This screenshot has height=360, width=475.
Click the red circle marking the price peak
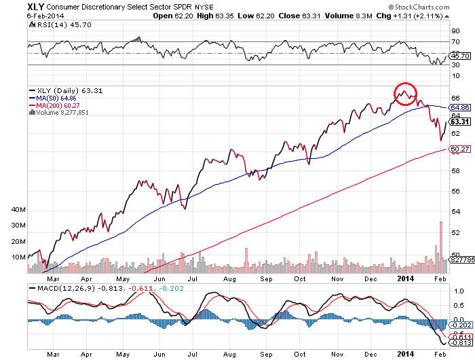(405, 93)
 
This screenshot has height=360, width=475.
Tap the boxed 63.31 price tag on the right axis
(460, 122)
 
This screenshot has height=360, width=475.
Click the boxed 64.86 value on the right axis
(460, 107)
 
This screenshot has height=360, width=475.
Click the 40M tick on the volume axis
(18, 210)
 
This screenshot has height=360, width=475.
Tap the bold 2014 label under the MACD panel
(406, 353)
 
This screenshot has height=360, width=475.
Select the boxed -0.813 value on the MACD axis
(459, 344)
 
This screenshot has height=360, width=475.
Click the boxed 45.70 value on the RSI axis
(460, 55)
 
